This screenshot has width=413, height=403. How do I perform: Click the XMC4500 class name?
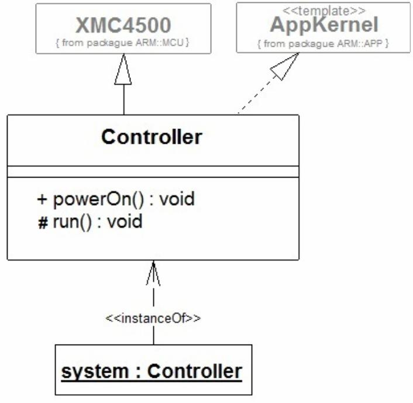click(x=123, y=25)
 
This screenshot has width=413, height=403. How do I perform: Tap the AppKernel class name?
click(x=323, y=25)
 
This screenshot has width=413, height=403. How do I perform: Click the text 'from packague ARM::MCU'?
click(x=123, y=42)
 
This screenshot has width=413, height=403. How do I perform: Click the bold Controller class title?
click(x=152, y=137)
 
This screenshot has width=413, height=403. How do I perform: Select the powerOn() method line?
click(x=116, y=199)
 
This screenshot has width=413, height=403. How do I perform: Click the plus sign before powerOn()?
click(x=42, y=199)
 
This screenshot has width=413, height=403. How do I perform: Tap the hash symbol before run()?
click(x=42, y=223)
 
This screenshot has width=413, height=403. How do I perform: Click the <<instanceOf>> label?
click(x=153, y=319)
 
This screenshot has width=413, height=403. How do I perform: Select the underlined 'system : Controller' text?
click(x=152, y=371)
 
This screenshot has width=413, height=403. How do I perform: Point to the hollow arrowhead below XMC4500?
click(x=123, y=71)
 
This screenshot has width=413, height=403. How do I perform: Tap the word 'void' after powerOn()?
click(x=178, y=199)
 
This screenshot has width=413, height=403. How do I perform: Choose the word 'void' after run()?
click(x=126, y=222)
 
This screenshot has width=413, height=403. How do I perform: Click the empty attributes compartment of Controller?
click(x=153, y=172)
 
